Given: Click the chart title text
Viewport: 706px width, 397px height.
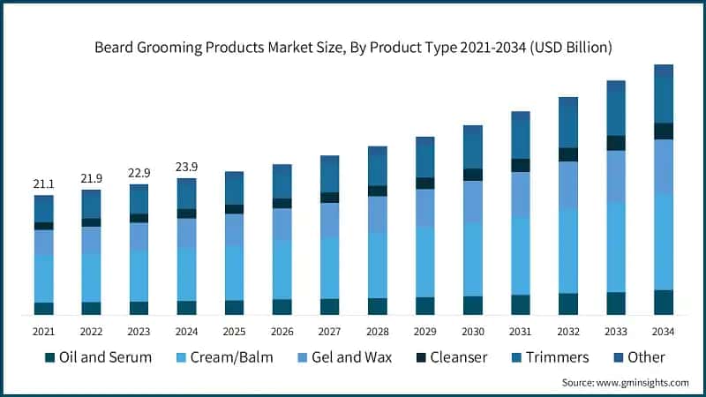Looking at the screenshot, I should [353, 46].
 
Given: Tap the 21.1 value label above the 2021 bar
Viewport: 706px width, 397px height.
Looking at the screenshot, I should [44, 184].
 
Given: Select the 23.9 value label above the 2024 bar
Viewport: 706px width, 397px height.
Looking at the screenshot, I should [186, 167].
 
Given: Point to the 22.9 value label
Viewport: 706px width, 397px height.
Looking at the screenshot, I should [139, 172].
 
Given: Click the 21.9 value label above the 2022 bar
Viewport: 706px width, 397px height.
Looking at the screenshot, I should [91, 178].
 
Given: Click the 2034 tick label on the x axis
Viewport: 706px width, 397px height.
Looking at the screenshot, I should [663, 331].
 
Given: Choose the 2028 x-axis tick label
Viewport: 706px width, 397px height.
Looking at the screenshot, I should [377, 331].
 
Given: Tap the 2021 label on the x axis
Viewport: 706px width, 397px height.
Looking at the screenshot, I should [44, 331].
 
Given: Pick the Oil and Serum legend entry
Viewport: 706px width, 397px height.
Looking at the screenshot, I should [98, 357].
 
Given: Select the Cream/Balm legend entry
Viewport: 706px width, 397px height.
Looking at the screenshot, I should [224, 357].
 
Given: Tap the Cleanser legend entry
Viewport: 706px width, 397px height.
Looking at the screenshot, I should [450, 357].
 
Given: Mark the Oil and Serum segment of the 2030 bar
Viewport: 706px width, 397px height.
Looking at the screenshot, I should [472, 305].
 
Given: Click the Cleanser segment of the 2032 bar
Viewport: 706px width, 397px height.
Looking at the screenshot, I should [567, 154].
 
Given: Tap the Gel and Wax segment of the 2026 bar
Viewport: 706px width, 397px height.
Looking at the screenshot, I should [282, 224].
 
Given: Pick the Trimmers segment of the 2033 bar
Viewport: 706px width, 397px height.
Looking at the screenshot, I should [615, 115].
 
